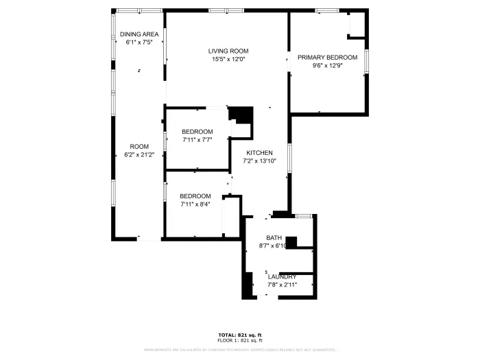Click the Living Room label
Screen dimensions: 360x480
click(x=229, y=51)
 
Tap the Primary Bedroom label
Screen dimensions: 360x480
click(x=326, y=58)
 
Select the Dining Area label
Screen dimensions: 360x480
click(x=139, y=34)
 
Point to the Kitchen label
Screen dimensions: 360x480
click(x=260, y=153)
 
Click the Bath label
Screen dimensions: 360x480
click(x=274, y=238)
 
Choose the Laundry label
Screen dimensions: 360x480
click(x=281, y=276)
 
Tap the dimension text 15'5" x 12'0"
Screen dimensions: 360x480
click(x=228, y=59)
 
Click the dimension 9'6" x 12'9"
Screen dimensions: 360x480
click(x=326, y=66)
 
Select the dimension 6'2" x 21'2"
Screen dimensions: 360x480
click(x=139, y=154)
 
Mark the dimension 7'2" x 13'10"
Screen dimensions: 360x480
click(x=259, y=161)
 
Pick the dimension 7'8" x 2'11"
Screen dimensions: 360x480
click(x=281, y=284)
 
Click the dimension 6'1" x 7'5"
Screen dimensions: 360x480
click(x=139, y=43)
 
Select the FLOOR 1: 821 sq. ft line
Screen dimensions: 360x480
click(x=239, y=341)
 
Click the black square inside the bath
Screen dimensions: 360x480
click(x=291, y=242)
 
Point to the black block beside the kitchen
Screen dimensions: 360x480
click(x=241, y=115)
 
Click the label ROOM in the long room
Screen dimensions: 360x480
click(x=139, y=146)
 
